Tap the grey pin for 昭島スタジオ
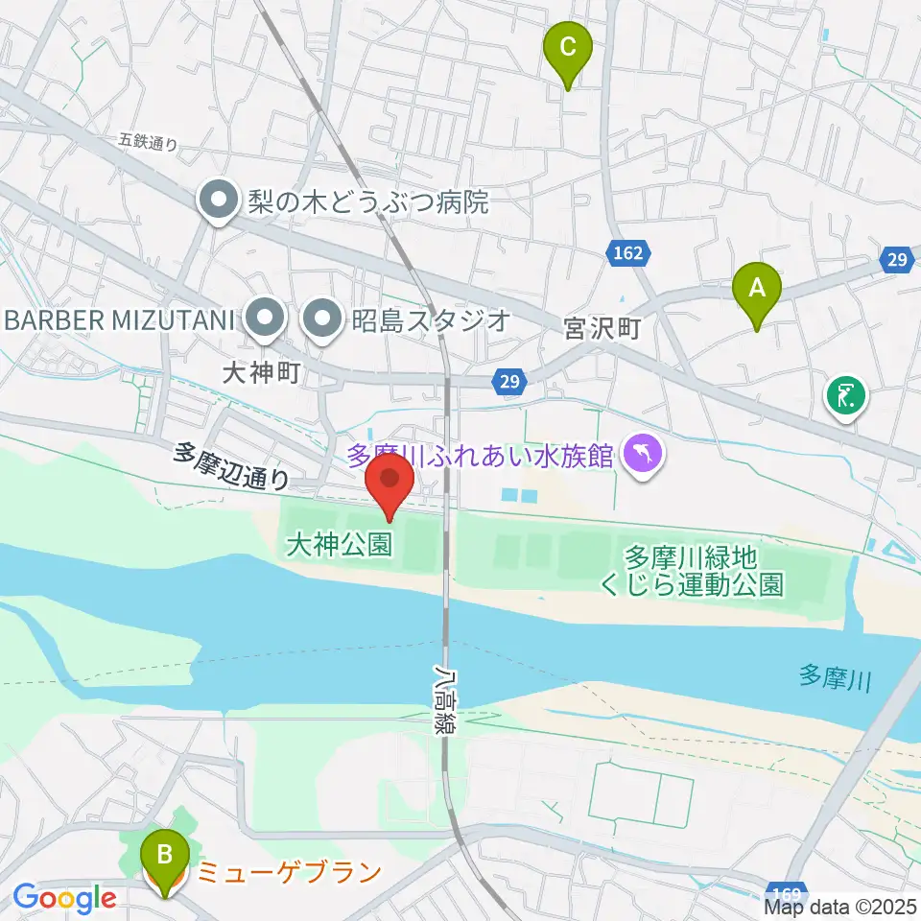click(x=322, y=319)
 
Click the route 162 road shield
click(x=627, y=253)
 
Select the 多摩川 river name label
click(x=834, y=680)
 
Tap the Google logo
click(x=65, y=898)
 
